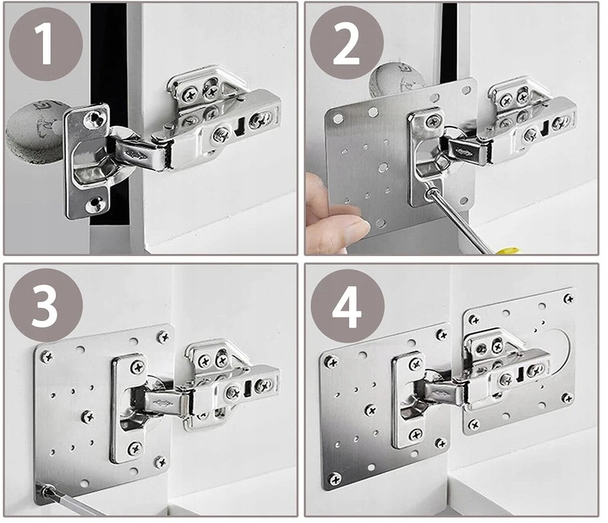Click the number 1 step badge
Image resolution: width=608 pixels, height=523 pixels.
[46, 44]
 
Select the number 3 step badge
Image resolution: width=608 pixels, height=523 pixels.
[46, 305]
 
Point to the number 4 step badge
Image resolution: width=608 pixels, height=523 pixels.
[347, 306]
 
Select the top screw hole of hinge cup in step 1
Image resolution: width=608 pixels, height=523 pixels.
[93, 119]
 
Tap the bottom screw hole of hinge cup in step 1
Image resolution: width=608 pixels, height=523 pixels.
[94, 204]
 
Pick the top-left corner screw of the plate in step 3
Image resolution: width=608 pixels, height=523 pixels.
[47, 356]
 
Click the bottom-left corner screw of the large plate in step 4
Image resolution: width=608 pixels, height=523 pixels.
[335, 479]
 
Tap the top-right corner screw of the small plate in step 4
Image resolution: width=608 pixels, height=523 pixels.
[569, 299]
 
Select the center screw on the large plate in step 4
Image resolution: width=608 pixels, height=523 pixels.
[371, 410]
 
